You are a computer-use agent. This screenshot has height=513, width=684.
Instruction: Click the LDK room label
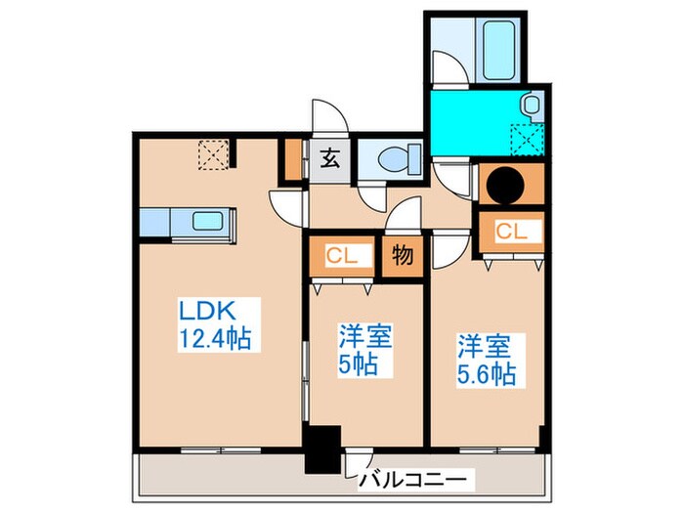click(204, 313)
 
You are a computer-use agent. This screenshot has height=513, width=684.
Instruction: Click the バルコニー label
click(416, 480)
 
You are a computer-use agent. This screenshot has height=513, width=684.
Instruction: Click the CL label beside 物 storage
click(340, 256)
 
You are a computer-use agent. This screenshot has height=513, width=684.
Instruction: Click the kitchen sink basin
click(206, 221)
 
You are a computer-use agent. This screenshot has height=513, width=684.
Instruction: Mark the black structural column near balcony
click(321, 449)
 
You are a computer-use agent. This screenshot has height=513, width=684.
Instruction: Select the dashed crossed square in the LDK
click(211, 154)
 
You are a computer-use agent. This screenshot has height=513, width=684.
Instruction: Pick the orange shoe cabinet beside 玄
click(291, 159)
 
